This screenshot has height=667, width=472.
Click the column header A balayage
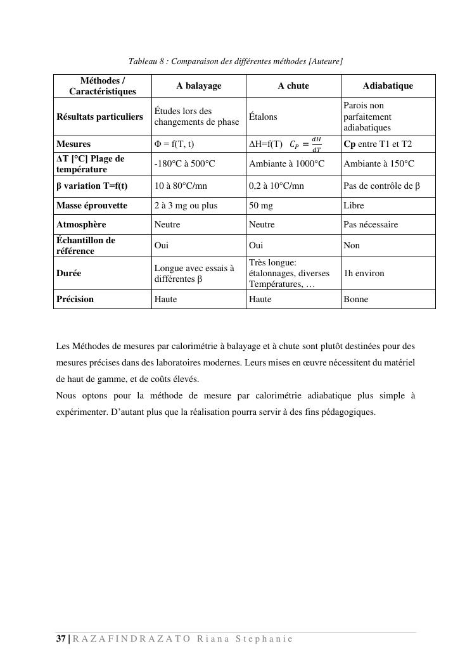coord(198,86)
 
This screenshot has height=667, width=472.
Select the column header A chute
coord(293,86)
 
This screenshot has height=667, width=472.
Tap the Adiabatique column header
coord(388,86)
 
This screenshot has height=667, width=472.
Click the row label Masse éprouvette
coord(92,205)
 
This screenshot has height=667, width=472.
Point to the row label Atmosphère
coord(81,224)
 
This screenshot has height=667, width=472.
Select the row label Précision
coord(75,299)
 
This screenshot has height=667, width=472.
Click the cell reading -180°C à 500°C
coord(184,163)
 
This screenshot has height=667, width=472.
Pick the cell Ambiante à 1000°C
coord(286,163)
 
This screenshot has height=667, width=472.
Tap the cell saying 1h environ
coord(364,273)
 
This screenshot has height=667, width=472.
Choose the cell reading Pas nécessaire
coord(371,224)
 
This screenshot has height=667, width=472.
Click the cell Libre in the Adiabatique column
coord(354,205)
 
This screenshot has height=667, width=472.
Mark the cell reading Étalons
coord(263,117)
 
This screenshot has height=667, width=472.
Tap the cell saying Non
coord(352,245)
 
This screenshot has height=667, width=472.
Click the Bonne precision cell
coord(355,299)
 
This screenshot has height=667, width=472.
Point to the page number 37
coord(61,638)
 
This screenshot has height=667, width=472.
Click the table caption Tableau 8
coord(236,61)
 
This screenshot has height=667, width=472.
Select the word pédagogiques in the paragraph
coord(347,412)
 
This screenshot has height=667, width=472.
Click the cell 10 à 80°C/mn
coord(181,186)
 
